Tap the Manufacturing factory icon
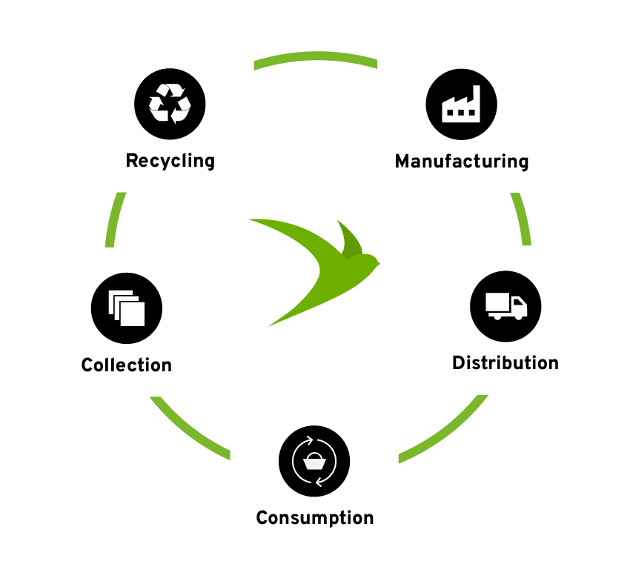pyautogui.click(x=462, y=105)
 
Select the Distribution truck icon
pyautogui.click(x=506, y=306)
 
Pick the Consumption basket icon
pyautogui.click(x=314, y=461)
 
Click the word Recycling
pyautogui.click(x=170, y=161)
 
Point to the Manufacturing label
pyautogui.click(x=462, y=161)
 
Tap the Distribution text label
pyautogui.click(x=505, y=363)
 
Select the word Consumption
pyautogui.click(x=314, y=517)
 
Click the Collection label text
pyautogui.click(x=127, y=365)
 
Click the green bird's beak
pyautogui.click(x=378, y=262)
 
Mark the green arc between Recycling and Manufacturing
pyautogui.click(x=314, y=59)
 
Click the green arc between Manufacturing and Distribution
pyautogui.click(x=523, y=219)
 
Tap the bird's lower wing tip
pyautogui.click(x=271, y=324)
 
